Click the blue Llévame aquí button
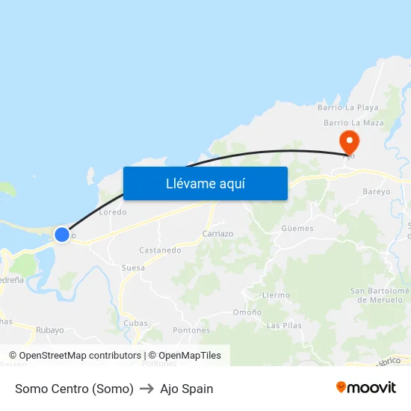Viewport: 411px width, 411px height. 205,183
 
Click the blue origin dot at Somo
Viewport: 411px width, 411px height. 62,235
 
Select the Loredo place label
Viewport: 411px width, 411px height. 113,211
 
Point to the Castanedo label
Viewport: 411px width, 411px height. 160,250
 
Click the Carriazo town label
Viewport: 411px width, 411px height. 217,233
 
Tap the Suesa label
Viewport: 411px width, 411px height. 133,267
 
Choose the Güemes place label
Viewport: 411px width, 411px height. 297,228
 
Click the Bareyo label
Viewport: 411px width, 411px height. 376,191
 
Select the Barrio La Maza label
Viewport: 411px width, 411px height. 353,123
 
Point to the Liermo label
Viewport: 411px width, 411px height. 276,295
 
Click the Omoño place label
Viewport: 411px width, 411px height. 247,312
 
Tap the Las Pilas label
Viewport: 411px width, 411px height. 284,326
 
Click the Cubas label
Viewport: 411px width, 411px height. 135,323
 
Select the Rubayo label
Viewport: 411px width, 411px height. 49,330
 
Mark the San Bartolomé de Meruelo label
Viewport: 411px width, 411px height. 380,295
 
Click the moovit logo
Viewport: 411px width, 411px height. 365,387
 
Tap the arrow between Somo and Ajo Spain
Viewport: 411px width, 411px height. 146,389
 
